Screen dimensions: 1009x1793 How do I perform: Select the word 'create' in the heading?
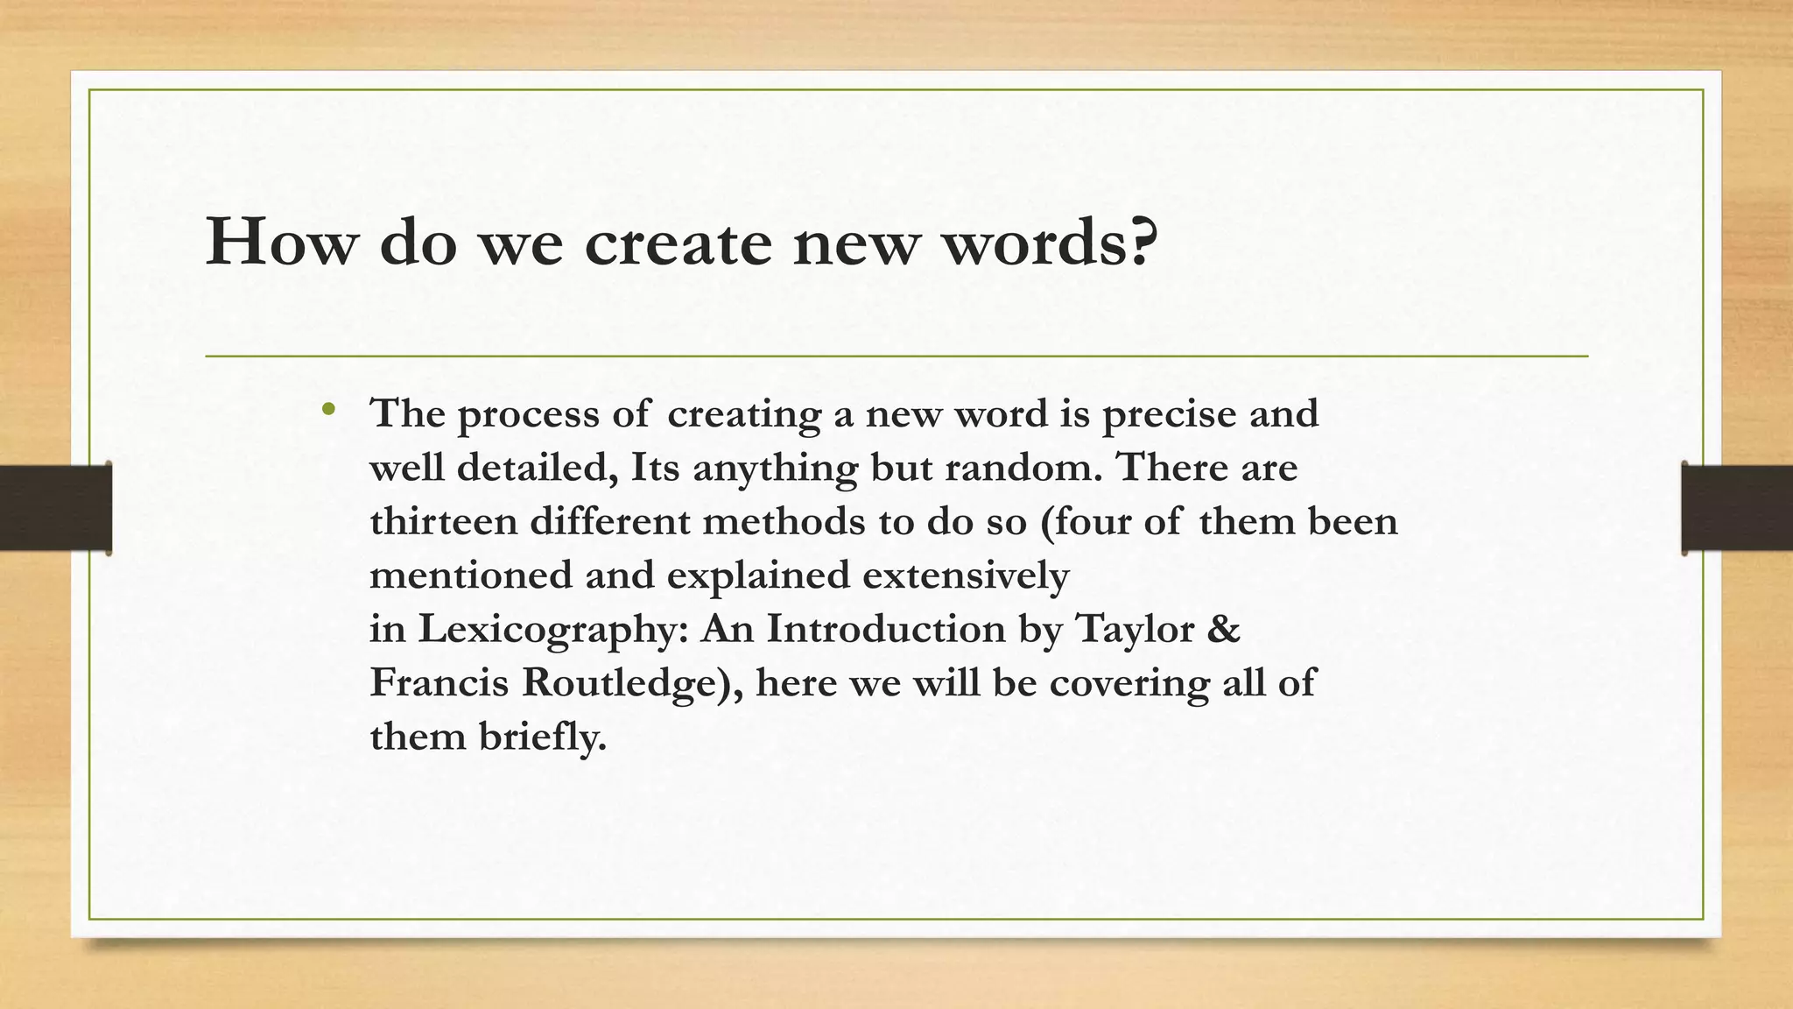click(x=678, y=242)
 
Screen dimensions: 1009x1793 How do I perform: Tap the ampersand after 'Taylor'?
click(x=1223, y=629)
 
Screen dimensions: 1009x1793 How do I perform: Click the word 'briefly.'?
click(x=543, y=737)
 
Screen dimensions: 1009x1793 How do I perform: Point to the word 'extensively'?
click(x=966, y=576)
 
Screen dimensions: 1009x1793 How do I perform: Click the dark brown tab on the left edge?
click(x=55, y=508)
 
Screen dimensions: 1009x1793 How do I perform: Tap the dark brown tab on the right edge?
click(x=1737, y=508)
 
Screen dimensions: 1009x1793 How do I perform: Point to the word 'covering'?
click(x=1129, y=684)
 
